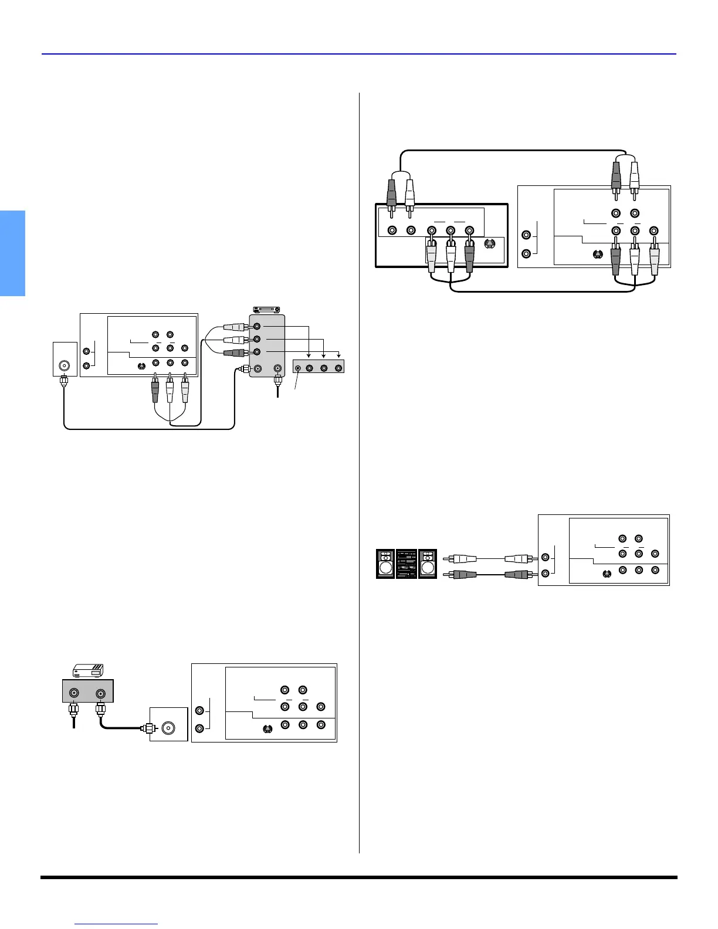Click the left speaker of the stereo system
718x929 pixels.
coord(385,564)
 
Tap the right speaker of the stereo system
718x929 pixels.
coord(428,564)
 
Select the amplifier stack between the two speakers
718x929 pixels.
coord(407,564)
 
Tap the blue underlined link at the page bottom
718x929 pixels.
coord(117,924)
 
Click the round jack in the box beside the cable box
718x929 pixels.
coord(169,728)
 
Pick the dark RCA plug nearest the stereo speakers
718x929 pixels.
coord(459,575)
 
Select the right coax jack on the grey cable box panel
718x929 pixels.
coord(101,693)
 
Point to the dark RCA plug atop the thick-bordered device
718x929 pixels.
coord(392,192)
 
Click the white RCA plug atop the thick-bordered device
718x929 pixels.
coord(409,192)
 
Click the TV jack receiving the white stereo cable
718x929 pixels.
coord(546,558)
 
